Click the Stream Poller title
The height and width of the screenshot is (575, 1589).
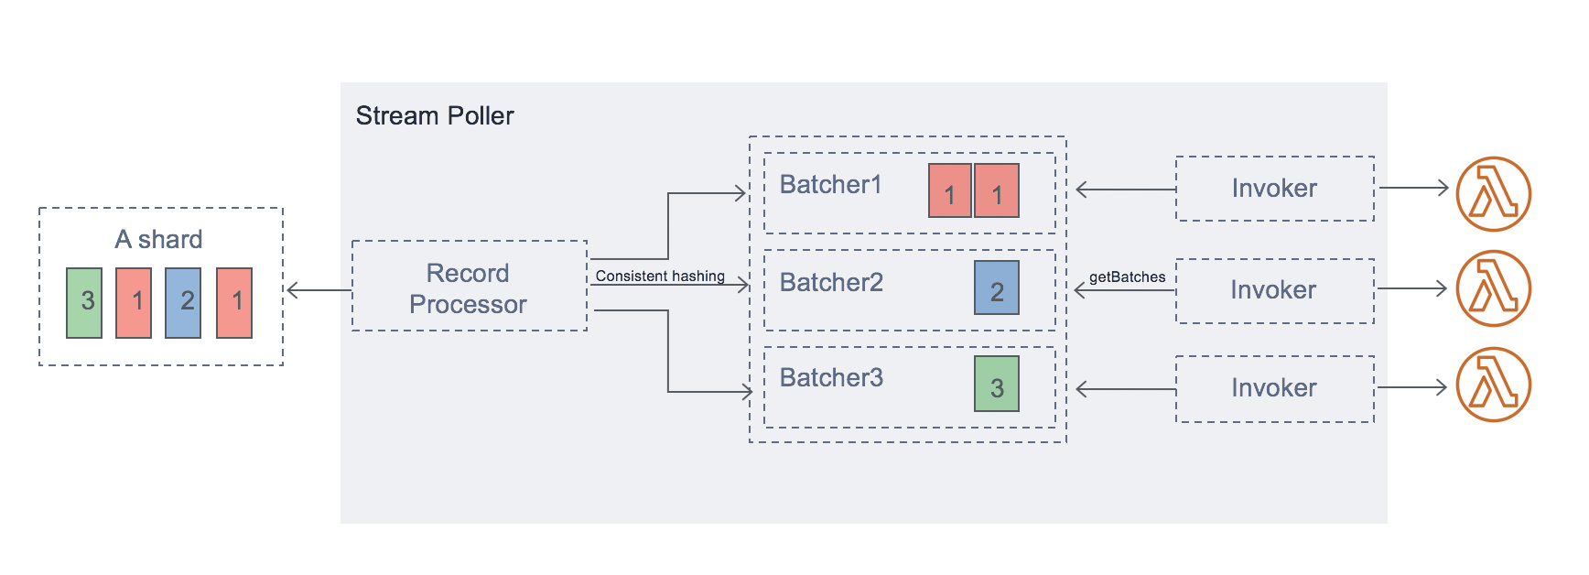(434, 116)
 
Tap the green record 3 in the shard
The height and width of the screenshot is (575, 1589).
(84, 303)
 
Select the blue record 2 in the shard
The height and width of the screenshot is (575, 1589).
(183, 303)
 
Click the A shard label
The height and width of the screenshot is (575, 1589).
(158, 240)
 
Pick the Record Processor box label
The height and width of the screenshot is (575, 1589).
(468, 288)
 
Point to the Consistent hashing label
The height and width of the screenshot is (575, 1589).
(659, 277)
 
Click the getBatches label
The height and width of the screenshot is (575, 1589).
(1127, 277)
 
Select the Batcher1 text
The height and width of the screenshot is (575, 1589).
(830, 185)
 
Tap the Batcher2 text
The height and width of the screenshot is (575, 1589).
(831, 283)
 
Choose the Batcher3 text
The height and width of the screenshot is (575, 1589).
(831, 378)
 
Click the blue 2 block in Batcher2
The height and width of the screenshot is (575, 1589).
(996, 287)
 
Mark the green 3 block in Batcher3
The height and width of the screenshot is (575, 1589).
(996, 384)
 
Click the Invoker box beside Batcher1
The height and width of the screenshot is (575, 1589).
(1274, 189)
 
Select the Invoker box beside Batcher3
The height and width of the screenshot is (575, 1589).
(1274, 388)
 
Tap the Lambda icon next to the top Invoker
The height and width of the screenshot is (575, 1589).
(1493, 194)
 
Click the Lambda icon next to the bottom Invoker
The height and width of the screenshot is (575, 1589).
(1493, 385)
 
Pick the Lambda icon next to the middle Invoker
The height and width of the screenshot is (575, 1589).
(1493, 288)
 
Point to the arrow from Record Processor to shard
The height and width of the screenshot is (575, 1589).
(319, 291)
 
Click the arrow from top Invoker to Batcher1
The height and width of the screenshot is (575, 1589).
(1126, 190)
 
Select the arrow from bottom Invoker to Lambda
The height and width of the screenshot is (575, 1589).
(1411, 387)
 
